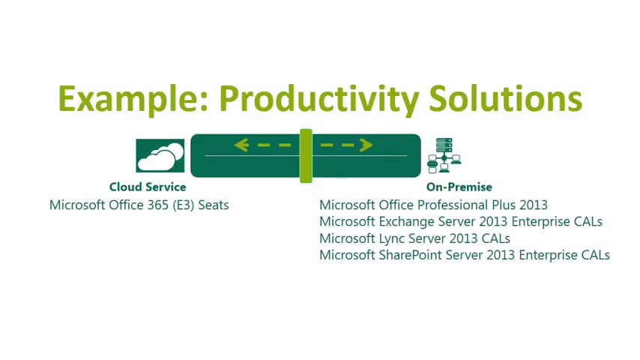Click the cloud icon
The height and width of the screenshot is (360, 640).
[x=160, y=155]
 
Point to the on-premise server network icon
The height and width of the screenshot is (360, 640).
[x=444, y=156]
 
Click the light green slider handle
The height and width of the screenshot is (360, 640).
[x=306, y=155]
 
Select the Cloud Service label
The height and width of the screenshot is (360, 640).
[x=148, y=187]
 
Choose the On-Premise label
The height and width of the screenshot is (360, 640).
[x=459, y=187]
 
